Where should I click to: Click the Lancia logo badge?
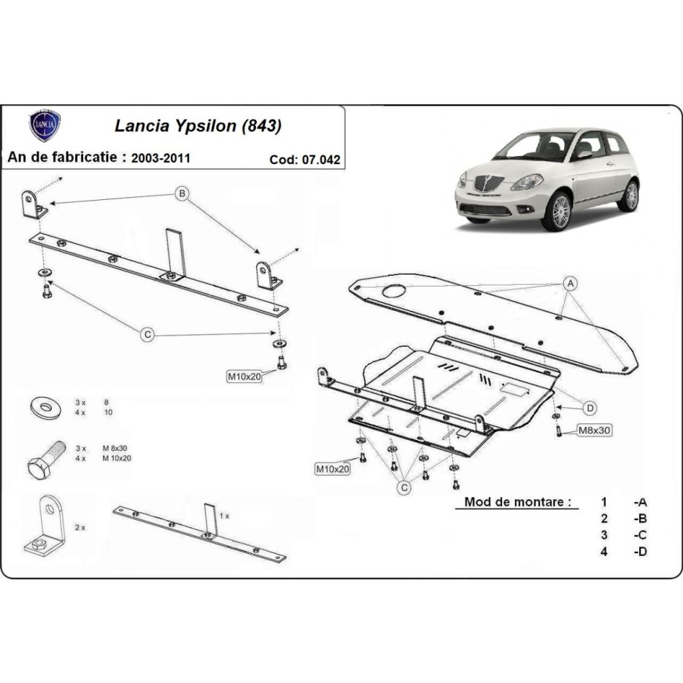[45, 126]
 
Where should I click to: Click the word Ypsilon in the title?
[205, 126]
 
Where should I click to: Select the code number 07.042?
[321, 160]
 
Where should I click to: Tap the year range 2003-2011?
[161, 158]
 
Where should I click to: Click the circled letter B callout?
[182, 193]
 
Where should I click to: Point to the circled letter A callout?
[570, 284]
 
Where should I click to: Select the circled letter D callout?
[590, 408]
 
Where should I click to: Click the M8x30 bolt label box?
[594, 431]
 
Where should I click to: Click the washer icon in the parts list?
[44, 408]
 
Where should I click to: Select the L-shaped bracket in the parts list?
[45, 526]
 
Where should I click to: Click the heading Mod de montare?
[517, 502]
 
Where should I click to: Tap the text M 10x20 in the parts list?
[117, 458]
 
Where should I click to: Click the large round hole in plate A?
[394, 291]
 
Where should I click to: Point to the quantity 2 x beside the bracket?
[80, 528]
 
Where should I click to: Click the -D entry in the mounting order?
[641, 552]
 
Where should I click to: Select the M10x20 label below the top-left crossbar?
[244, 377]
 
